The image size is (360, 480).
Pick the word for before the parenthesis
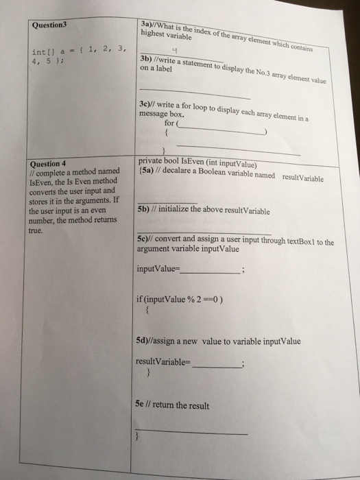point(169,125)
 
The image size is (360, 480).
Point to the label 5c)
point(145,239)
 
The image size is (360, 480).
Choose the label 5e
point(143,405)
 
